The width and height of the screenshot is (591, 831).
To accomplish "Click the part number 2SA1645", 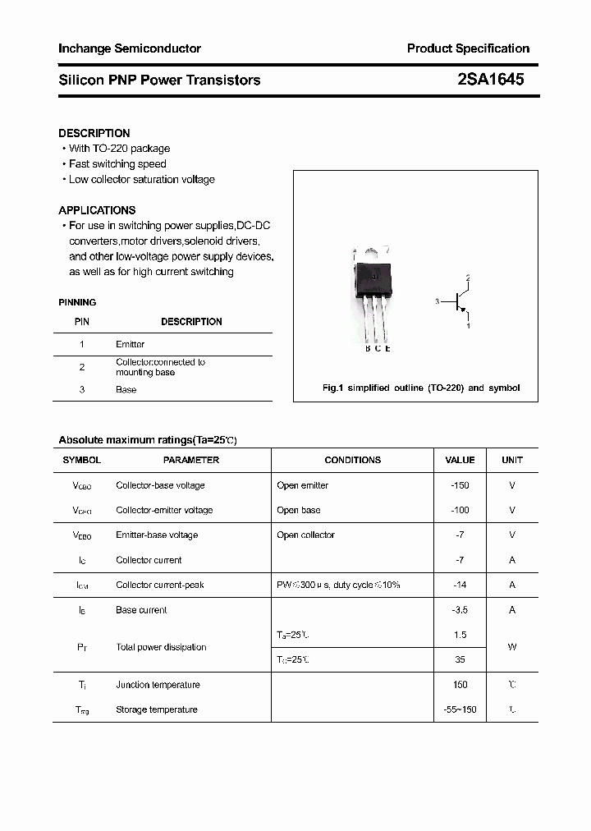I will [490, 80].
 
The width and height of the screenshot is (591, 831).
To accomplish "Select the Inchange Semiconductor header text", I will [130, 48].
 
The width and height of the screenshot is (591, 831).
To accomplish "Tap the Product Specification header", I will [468, 48].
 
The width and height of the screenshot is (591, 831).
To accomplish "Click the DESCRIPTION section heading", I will [94, 133].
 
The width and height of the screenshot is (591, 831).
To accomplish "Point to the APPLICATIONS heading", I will [97, 210].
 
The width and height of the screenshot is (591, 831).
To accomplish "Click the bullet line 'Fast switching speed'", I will [117, 164].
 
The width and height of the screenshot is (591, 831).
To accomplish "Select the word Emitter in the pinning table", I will [131, 344].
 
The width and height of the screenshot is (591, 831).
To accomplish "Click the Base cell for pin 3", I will [126, 389].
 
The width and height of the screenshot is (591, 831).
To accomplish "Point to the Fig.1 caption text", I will [421, 388].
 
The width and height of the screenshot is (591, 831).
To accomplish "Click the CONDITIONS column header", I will [353, 461].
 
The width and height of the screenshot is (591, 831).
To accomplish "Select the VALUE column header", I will [460, 461].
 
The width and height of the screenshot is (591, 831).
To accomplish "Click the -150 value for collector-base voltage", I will [460, 485].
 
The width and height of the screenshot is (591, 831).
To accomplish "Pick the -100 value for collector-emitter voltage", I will [460, 510].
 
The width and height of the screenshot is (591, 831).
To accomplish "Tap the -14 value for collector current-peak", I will [460, 585].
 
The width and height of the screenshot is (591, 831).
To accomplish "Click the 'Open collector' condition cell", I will [306, 535].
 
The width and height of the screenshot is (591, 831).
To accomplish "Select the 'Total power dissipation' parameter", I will [161, 647].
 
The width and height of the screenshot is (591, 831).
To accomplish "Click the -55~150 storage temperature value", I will [460, 709].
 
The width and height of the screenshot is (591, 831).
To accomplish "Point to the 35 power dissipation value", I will [460, 659].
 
